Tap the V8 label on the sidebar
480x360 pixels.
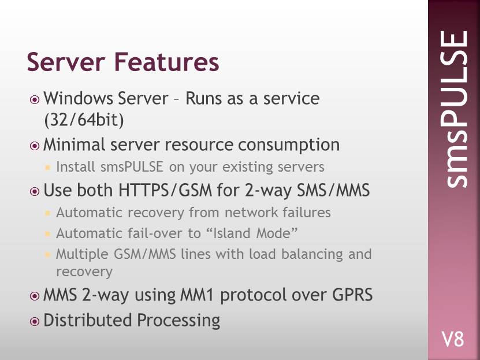pos(453,339)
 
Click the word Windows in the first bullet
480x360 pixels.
pos(79,98)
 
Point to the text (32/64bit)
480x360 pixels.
pos(84,120)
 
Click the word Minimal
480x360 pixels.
pos(75,144)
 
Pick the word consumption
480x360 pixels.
pos(289,146)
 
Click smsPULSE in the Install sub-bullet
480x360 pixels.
pos(132,167)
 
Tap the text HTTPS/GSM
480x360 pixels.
pos(165,190)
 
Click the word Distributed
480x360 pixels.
pos(88,320)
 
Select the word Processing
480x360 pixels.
pos(178,321)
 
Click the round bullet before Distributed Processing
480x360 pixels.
pos(35,321)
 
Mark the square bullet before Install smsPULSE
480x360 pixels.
pos(47,167)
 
